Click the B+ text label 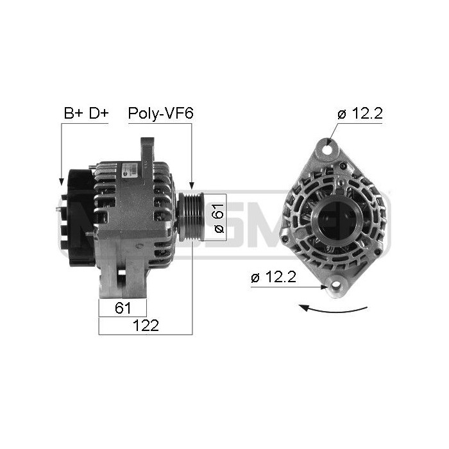click(x=72, y=114)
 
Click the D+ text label click(x=99, y=114)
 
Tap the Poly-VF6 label click(x=160, y=114)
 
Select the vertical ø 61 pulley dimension click(x=217, y=218)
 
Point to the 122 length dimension click(x=146, y=325)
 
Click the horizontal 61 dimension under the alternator click(x=123, y=308)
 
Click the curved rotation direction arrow click(x=334, y=309)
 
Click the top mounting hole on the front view click(x=329, y=150)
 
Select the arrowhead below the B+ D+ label click(x=61, y=182)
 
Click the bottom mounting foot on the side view click(x=125, y=276)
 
